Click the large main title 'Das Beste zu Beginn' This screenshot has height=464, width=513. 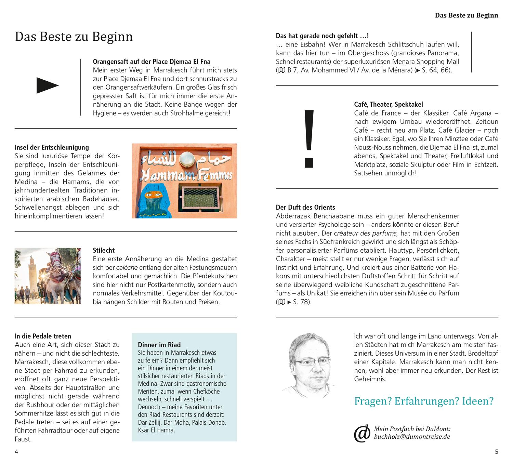[x=74, y=37]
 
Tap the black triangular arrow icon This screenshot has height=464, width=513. [x=47, y=85]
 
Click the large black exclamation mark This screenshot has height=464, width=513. [x=309, y=138]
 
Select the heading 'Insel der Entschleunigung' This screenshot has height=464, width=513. [x=52, y=147]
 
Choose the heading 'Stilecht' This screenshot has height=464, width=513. [x=104, y=250]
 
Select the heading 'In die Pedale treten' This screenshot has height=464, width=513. [x=43, y=336]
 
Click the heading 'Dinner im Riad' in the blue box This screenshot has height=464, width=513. [x=159, y=345]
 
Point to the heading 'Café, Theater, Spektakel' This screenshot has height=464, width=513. [x=389, y=104]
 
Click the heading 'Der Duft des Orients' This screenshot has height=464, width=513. [x=305, y=207]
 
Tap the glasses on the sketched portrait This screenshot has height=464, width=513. [x=313, y=361]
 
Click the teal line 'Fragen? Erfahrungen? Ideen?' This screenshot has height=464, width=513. [x=424, y=401]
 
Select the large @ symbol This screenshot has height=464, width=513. [x=362, y=433]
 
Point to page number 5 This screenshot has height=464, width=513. [x=497, y=452]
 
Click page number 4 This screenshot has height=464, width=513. [x=16, y=452]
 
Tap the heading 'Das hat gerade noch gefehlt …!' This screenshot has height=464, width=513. [x=322, y=36]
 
